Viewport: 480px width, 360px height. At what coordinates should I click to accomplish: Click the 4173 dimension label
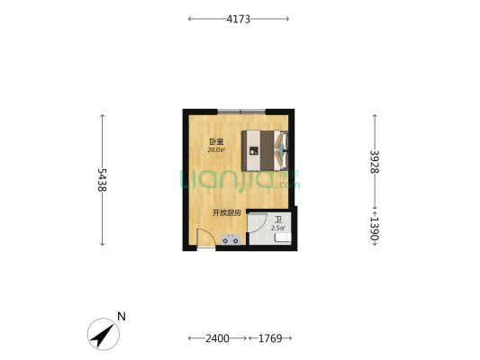[238, 19]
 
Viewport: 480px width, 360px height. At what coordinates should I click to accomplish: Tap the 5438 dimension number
[103, 180]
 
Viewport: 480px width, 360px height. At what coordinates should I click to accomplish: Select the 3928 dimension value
[375, 161]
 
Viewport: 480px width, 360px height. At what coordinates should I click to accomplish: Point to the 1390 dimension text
[375, 229]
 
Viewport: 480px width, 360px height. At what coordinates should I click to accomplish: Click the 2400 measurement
[217, 338]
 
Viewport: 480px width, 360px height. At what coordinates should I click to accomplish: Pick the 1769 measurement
[270, 338]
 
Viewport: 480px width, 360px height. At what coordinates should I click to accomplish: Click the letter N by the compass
[122, 316]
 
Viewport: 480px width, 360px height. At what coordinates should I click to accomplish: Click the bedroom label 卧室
[216, 142]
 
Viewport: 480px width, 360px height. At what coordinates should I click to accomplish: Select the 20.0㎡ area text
[216, 150]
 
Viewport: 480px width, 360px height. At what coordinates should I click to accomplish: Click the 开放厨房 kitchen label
[227, 212]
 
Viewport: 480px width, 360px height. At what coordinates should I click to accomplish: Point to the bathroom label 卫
[278, 220]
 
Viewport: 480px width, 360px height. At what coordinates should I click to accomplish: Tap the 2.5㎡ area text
[278, 228]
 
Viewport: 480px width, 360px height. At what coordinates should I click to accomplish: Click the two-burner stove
[231, 239]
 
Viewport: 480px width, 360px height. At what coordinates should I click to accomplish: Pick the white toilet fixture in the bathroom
[283, 238]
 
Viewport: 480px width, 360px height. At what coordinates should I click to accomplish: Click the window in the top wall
[241, 112]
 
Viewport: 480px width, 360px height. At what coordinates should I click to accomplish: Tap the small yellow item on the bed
[252, 151]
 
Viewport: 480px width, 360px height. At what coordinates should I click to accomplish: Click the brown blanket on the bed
[267, 150]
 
